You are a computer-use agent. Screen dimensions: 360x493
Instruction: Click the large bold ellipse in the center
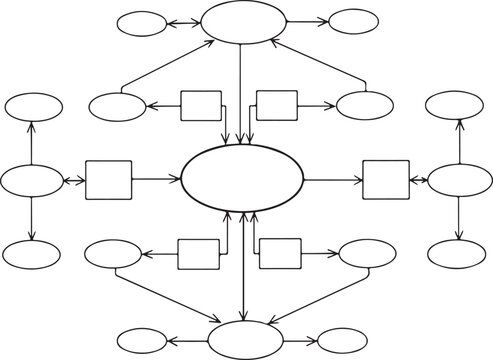(x=242, y=179)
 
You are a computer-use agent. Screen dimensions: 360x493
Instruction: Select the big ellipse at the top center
(x=242, y=22)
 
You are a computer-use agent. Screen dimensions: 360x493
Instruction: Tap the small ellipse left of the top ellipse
(x=141, y=22)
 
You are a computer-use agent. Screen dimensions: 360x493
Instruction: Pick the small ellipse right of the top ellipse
(x=352, y=21)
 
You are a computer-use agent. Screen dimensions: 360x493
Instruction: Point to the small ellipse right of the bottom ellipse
(x=343, y=340)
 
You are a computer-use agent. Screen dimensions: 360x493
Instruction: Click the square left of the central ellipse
(x=108, y=180)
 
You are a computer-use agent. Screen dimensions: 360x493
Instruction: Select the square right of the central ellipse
(x=385, y=180)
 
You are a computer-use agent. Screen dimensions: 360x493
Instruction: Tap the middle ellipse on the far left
(x=32, y=181)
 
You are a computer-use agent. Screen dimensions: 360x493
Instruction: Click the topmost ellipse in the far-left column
(x=32, y=106)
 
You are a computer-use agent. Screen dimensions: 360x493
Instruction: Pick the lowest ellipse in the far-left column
(x=32, y=255)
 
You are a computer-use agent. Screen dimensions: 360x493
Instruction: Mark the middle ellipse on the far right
(x=458, y=181)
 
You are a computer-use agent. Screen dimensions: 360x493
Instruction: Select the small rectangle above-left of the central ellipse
(x=200, y=105)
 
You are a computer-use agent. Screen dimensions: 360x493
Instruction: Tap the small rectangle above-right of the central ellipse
(x=277, y=105)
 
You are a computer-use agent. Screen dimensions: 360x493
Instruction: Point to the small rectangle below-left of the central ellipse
(x=198, y=254)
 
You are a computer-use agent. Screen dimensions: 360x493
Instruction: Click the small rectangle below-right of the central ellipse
(x=280, y=254)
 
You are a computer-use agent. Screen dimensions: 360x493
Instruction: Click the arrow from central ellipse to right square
(x=332, y=181)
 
